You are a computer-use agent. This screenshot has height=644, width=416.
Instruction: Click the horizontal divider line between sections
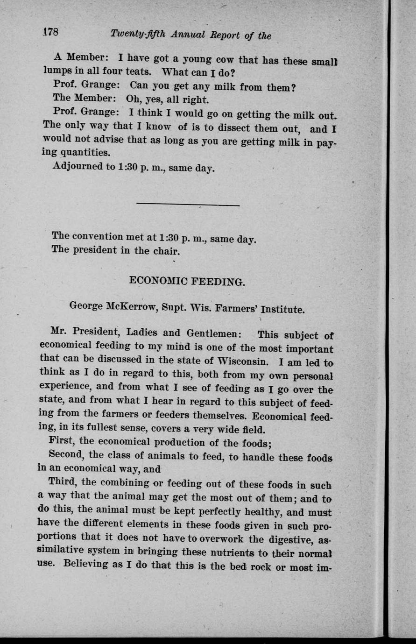tap(188, 205)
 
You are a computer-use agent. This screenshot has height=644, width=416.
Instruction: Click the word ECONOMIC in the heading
tap(156, 281)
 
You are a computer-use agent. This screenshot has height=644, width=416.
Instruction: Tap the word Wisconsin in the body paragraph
tap(241, 361)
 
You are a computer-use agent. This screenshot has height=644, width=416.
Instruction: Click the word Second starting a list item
tap(65, 454)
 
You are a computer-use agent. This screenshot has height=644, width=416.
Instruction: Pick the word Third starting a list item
tap(63, 481)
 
